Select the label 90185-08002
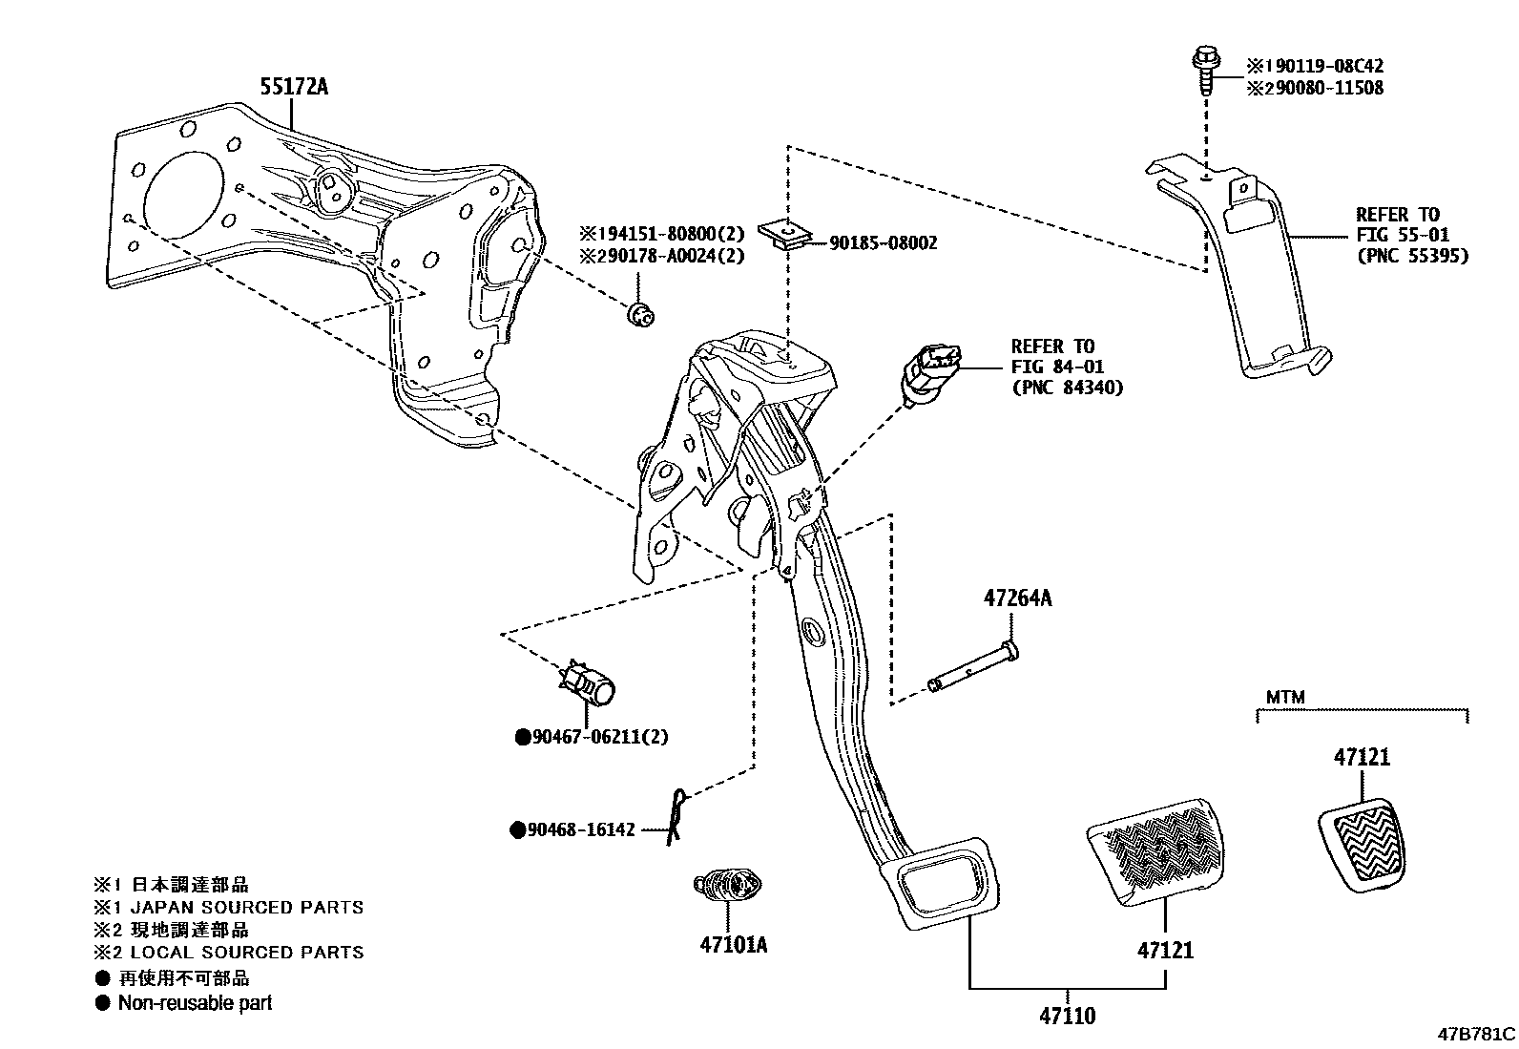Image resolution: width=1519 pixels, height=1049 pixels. pos(883,243)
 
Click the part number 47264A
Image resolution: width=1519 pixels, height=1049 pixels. pos(1017,598)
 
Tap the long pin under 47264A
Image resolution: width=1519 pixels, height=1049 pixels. pos(973,669)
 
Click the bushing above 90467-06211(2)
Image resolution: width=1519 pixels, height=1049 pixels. pos(590,683)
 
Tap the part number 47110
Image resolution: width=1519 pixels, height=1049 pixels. pos(1067,1017)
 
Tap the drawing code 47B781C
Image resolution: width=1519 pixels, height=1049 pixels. pos(1476,1034)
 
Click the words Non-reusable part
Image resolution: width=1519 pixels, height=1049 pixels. pos(195,1002)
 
